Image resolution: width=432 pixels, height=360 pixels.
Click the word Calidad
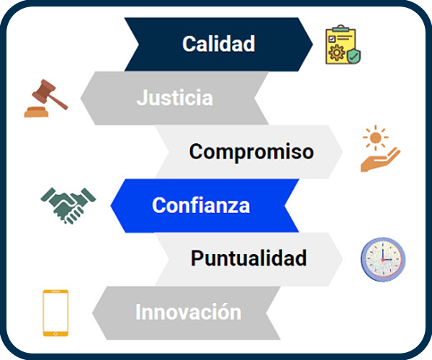218,43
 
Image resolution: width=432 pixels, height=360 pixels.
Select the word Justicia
175,97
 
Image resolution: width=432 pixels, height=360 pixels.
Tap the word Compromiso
251,152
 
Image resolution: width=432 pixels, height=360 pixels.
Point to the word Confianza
201,205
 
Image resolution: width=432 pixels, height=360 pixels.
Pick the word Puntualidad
248,258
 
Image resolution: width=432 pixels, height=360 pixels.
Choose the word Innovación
188,312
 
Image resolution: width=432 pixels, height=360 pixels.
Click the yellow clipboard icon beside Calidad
343,45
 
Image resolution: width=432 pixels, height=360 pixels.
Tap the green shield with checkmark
354,56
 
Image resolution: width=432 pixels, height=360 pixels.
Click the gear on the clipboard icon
337,53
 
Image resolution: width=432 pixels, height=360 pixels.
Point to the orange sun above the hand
375,138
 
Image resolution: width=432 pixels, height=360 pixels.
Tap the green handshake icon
68,205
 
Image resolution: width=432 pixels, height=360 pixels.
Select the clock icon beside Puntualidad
383,259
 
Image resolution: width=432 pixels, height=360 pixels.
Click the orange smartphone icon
55,313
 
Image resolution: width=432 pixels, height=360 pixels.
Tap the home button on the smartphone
55,334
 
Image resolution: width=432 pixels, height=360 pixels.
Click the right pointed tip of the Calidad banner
312,44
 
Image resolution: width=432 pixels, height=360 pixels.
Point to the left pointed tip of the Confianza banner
111,205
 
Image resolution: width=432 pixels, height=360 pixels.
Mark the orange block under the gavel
37,112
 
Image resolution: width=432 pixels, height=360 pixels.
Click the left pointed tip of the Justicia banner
81,98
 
